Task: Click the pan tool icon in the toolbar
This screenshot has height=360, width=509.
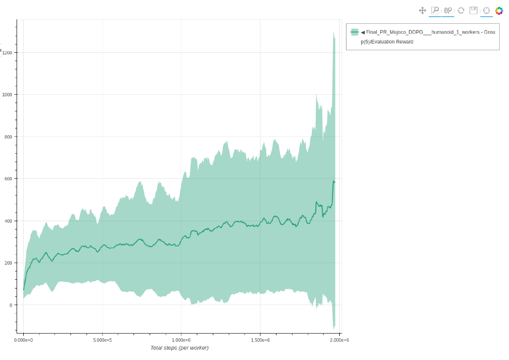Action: tap(423, 10)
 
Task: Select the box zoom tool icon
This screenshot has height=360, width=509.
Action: tap(435, 10)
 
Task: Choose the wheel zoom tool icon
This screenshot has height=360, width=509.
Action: tap(448, 10)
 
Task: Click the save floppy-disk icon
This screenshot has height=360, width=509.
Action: tap(473, 10)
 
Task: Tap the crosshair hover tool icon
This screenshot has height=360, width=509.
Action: tap(486, 10)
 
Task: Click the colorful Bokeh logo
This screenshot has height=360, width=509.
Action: tap(499, 10)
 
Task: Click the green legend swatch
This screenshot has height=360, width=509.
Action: tap(354, 32)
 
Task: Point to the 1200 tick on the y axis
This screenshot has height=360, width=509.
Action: tap(8, 52)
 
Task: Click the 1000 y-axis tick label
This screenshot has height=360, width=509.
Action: tap(8, 95)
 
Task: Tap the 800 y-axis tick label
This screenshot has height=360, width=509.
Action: tap(9, 137)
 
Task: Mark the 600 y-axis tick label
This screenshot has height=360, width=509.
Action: tap(9, 179)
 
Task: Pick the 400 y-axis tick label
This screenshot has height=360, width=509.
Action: tap(9, 221)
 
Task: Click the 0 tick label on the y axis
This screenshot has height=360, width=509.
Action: tap(11, 305)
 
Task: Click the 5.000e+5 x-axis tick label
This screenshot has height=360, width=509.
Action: tap(102, 340)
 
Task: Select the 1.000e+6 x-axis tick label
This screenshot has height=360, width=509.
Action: tap(181, 340)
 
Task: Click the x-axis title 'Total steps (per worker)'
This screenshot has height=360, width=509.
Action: tap(179, 348)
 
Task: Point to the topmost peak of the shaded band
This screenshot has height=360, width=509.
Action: tap(333, 32)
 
